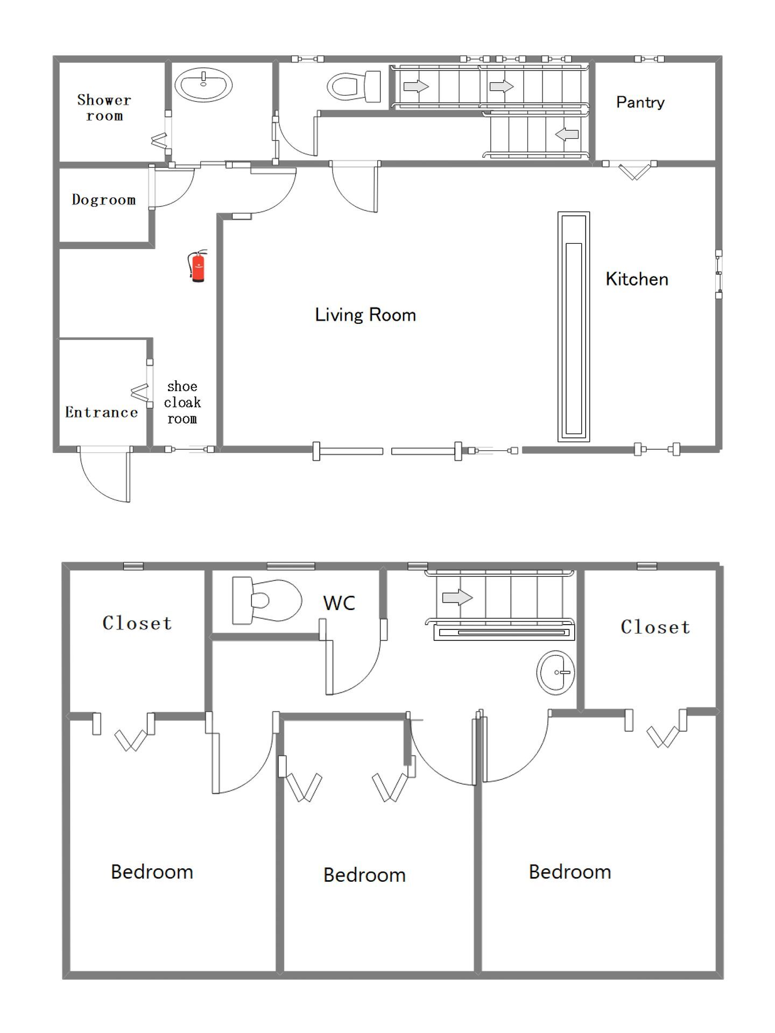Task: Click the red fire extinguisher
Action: [198, 266]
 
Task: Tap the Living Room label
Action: [365, 315]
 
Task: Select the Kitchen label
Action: [637, 279]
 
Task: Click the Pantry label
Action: [640, 102]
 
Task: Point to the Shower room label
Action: [104, 108]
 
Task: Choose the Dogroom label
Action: [103, 200]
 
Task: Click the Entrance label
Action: [101, 412]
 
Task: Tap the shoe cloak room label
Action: [182, 402]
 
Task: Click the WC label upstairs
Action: [339, 603]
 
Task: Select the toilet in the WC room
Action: [267, 600]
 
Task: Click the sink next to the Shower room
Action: [203, 85]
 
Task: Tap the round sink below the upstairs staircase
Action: [555, 673]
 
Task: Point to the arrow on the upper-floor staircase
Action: [457, 597]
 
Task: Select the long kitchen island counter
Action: [574, 327]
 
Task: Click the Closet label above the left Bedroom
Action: [137, 623]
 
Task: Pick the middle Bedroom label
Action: [364, 875]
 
